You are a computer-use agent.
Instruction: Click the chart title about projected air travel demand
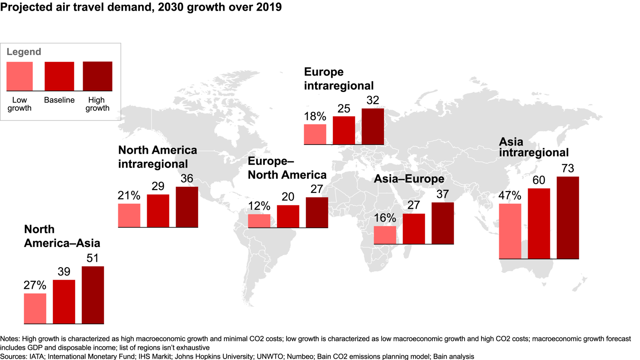[x=141, y=8]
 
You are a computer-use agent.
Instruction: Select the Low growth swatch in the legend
[x=20, y=76]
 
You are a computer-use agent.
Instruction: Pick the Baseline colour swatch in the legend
[x=59, y=76]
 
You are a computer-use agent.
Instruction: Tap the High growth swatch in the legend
[x=97, y=76]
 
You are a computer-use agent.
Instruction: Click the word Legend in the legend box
[x=24, y=52]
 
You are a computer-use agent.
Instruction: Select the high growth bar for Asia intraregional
[x=568, y=217]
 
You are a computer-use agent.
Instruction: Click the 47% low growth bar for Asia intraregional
[x=510, y=231]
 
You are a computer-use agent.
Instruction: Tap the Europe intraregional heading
[x=339, y=79]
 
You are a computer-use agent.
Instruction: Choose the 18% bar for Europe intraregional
[x=315, y=134]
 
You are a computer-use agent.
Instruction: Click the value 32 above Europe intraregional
[x=372, y=100]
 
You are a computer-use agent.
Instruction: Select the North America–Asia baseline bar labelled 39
[x=64, y=301]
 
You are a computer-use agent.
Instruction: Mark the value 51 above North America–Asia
[x=92, y=258]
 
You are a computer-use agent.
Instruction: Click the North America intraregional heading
[x=157, y=156]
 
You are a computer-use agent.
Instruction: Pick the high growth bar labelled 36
[x=187, y=207]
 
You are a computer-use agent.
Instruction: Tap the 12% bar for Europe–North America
[x=259, y=221]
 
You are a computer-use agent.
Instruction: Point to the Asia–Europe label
[x=409, y=179]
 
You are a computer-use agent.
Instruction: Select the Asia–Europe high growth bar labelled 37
[x=442, y=223]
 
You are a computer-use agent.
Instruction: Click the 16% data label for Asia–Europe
[x=385, y=218]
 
